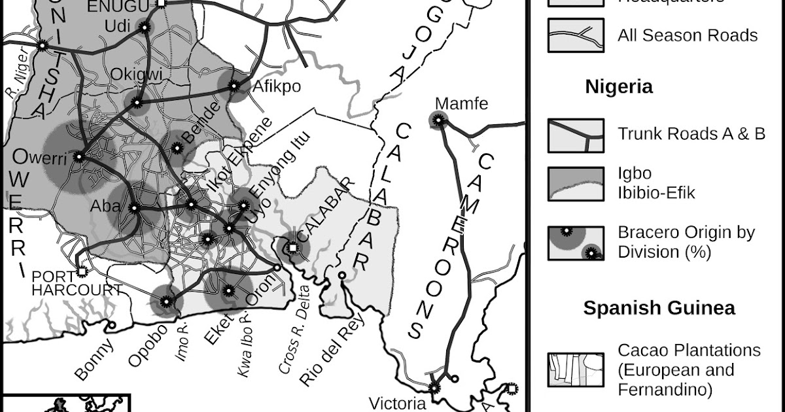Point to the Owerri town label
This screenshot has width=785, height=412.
pyautogui.click(x=40, y=158)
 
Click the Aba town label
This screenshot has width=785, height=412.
pyautogui.click(x=105, y=207)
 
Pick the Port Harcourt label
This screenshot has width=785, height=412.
pyautogui.click(x=77, y=284)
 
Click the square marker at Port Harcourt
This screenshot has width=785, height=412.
pyautogui.click(x=82, y=270)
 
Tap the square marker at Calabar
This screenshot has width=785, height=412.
pyautogui.click(x=293, y=247)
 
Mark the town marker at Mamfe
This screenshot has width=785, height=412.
pyautogui.click(x=438, y=120)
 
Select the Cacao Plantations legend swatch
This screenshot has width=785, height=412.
pyautogui.click(x=576, y=370)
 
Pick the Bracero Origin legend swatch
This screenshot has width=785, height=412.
pyautogui.click(x=576, y=243)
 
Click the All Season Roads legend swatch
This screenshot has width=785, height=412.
pyautogui.click(x=576, y=35)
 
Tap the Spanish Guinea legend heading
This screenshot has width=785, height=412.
pyautogui.click(x=659, y=308)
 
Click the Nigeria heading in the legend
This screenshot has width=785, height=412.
pyautogui.click(x=618, y=86)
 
